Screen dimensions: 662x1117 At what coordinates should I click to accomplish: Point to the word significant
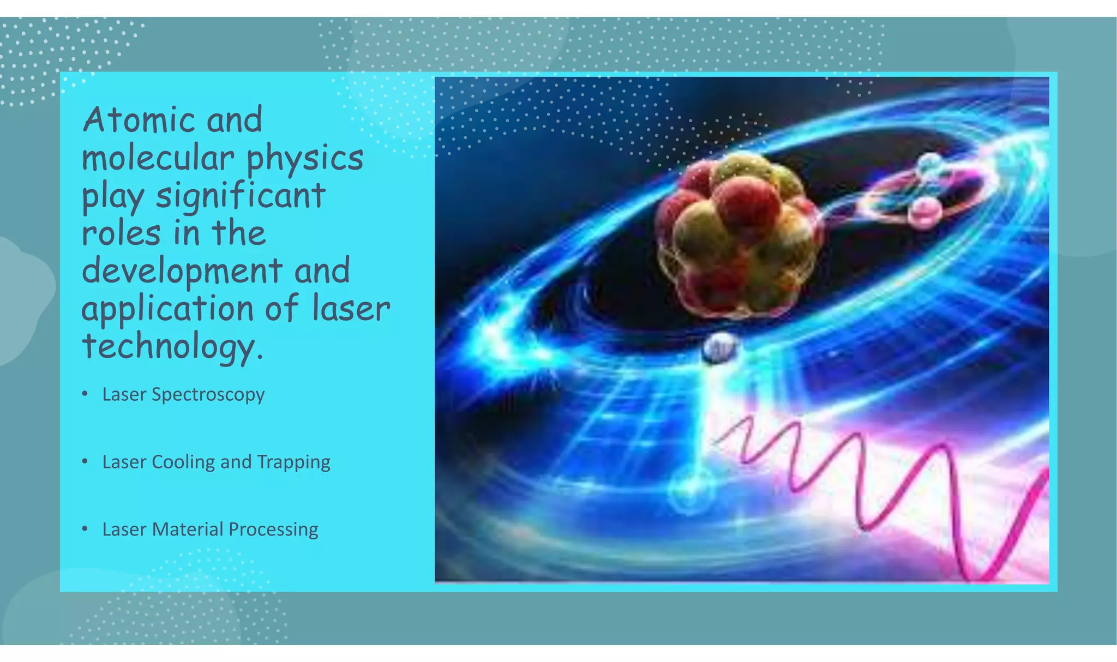(x=241, y=196)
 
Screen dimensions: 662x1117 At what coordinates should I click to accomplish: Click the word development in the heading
(x=182, y=272)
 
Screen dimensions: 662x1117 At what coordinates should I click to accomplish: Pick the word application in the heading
(x=167, y=310)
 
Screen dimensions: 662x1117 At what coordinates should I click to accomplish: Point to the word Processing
(x=273, y=530)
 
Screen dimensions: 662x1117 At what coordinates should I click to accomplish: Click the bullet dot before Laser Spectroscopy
(x=85, y=393)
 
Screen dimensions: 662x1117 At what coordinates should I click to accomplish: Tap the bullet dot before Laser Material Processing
(x=85, y=528)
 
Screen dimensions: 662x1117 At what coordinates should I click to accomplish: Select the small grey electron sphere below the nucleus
(x=719, y=347)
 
